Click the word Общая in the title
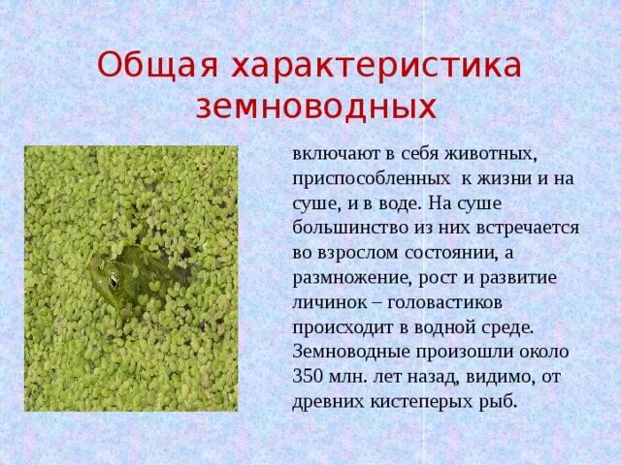point(156,66)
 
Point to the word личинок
point(326,301)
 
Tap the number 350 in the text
point(308,374)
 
